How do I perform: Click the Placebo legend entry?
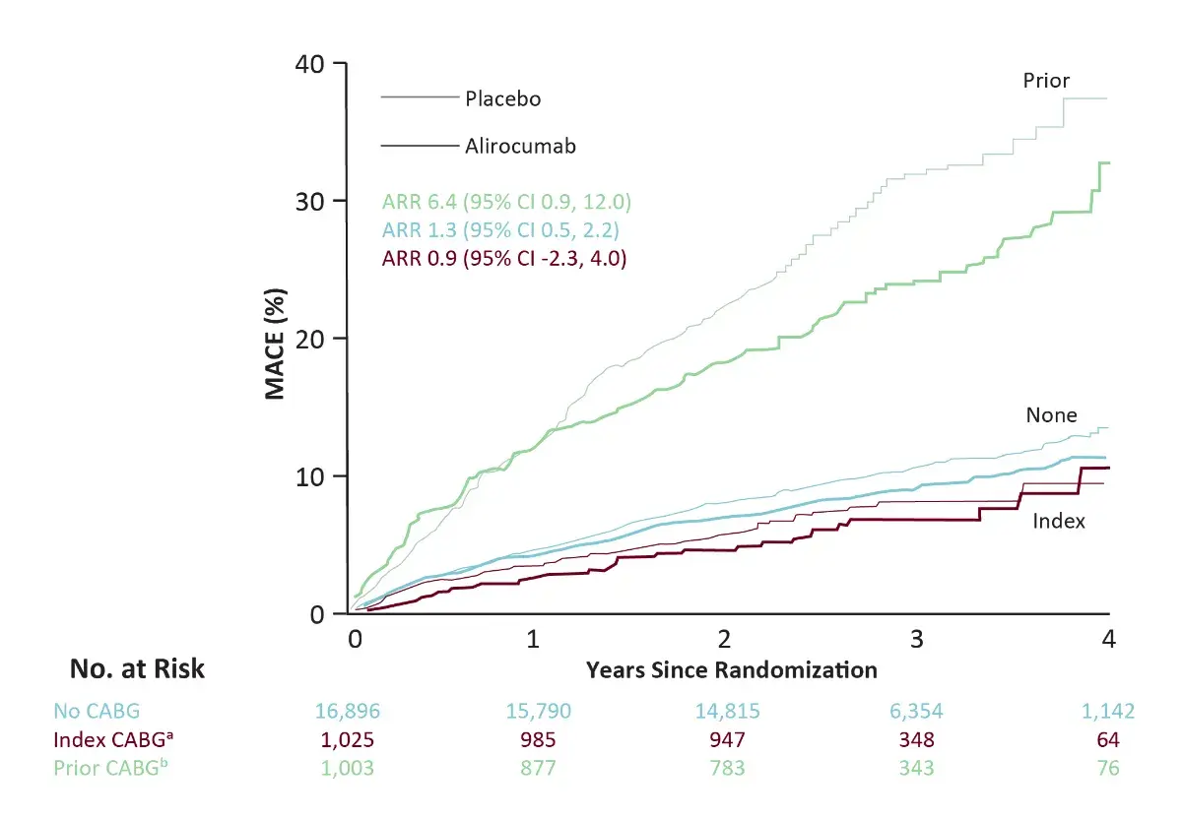coord(503,99)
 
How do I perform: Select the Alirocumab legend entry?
coord(520,147)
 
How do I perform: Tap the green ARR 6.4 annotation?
coord(506,203)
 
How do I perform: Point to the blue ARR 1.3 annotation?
coord(501,231)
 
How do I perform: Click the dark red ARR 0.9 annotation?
coord(504,260)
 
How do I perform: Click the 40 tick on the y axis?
coord(314,64)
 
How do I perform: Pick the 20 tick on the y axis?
coord(314,339)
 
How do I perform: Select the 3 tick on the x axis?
coord(917,639)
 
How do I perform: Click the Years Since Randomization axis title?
coord(731,671)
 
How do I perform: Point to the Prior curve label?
coord(1046,81)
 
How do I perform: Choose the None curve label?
coord(1051,415)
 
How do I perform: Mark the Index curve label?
coord(1059,521)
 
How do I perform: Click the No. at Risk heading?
coord(137,669)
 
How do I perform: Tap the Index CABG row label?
coord(104,739)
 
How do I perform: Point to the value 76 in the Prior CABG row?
coord(1108,768)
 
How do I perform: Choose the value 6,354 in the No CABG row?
coord(919,711)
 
